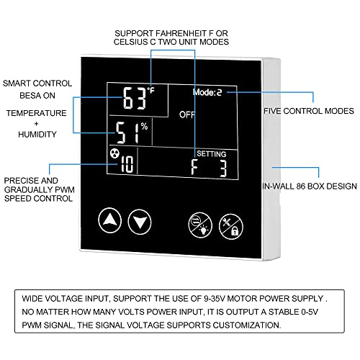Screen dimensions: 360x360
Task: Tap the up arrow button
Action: [x=110, y=220]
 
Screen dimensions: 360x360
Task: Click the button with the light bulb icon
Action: [x=200, y=225]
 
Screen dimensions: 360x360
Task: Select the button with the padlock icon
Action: [x=231, y=227]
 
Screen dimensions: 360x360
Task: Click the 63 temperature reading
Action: [x=135, y=98]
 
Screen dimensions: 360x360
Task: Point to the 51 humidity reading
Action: [x=127, y=132]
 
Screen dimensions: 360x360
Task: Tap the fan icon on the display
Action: [x=114, y=153]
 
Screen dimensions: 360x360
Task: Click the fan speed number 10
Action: [x=127, y=164]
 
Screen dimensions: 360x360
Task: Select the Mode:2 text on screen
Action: [x=207, y=92]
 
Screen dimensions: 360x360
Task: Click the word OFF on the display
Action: [x=187, y=114]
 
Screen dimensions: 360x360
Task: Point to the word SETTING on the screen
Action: [x=212, y=154]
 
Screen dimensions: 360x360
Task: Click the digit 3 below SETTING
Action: [x=223, y=168]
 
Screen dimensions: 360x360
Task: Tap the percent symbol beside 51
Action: [x=144, y=126]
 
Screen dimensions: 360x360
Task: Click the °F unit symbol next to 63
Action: [x=150, y=91]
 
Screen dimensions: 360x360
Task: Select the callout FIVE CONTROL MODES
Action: [x=309, y=111]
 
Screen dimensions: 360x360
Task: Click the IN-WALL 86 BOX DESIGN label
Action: [x=310, y=186]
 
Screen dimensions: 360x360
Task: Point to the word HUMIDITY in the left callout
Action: [x=37, y=134]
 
